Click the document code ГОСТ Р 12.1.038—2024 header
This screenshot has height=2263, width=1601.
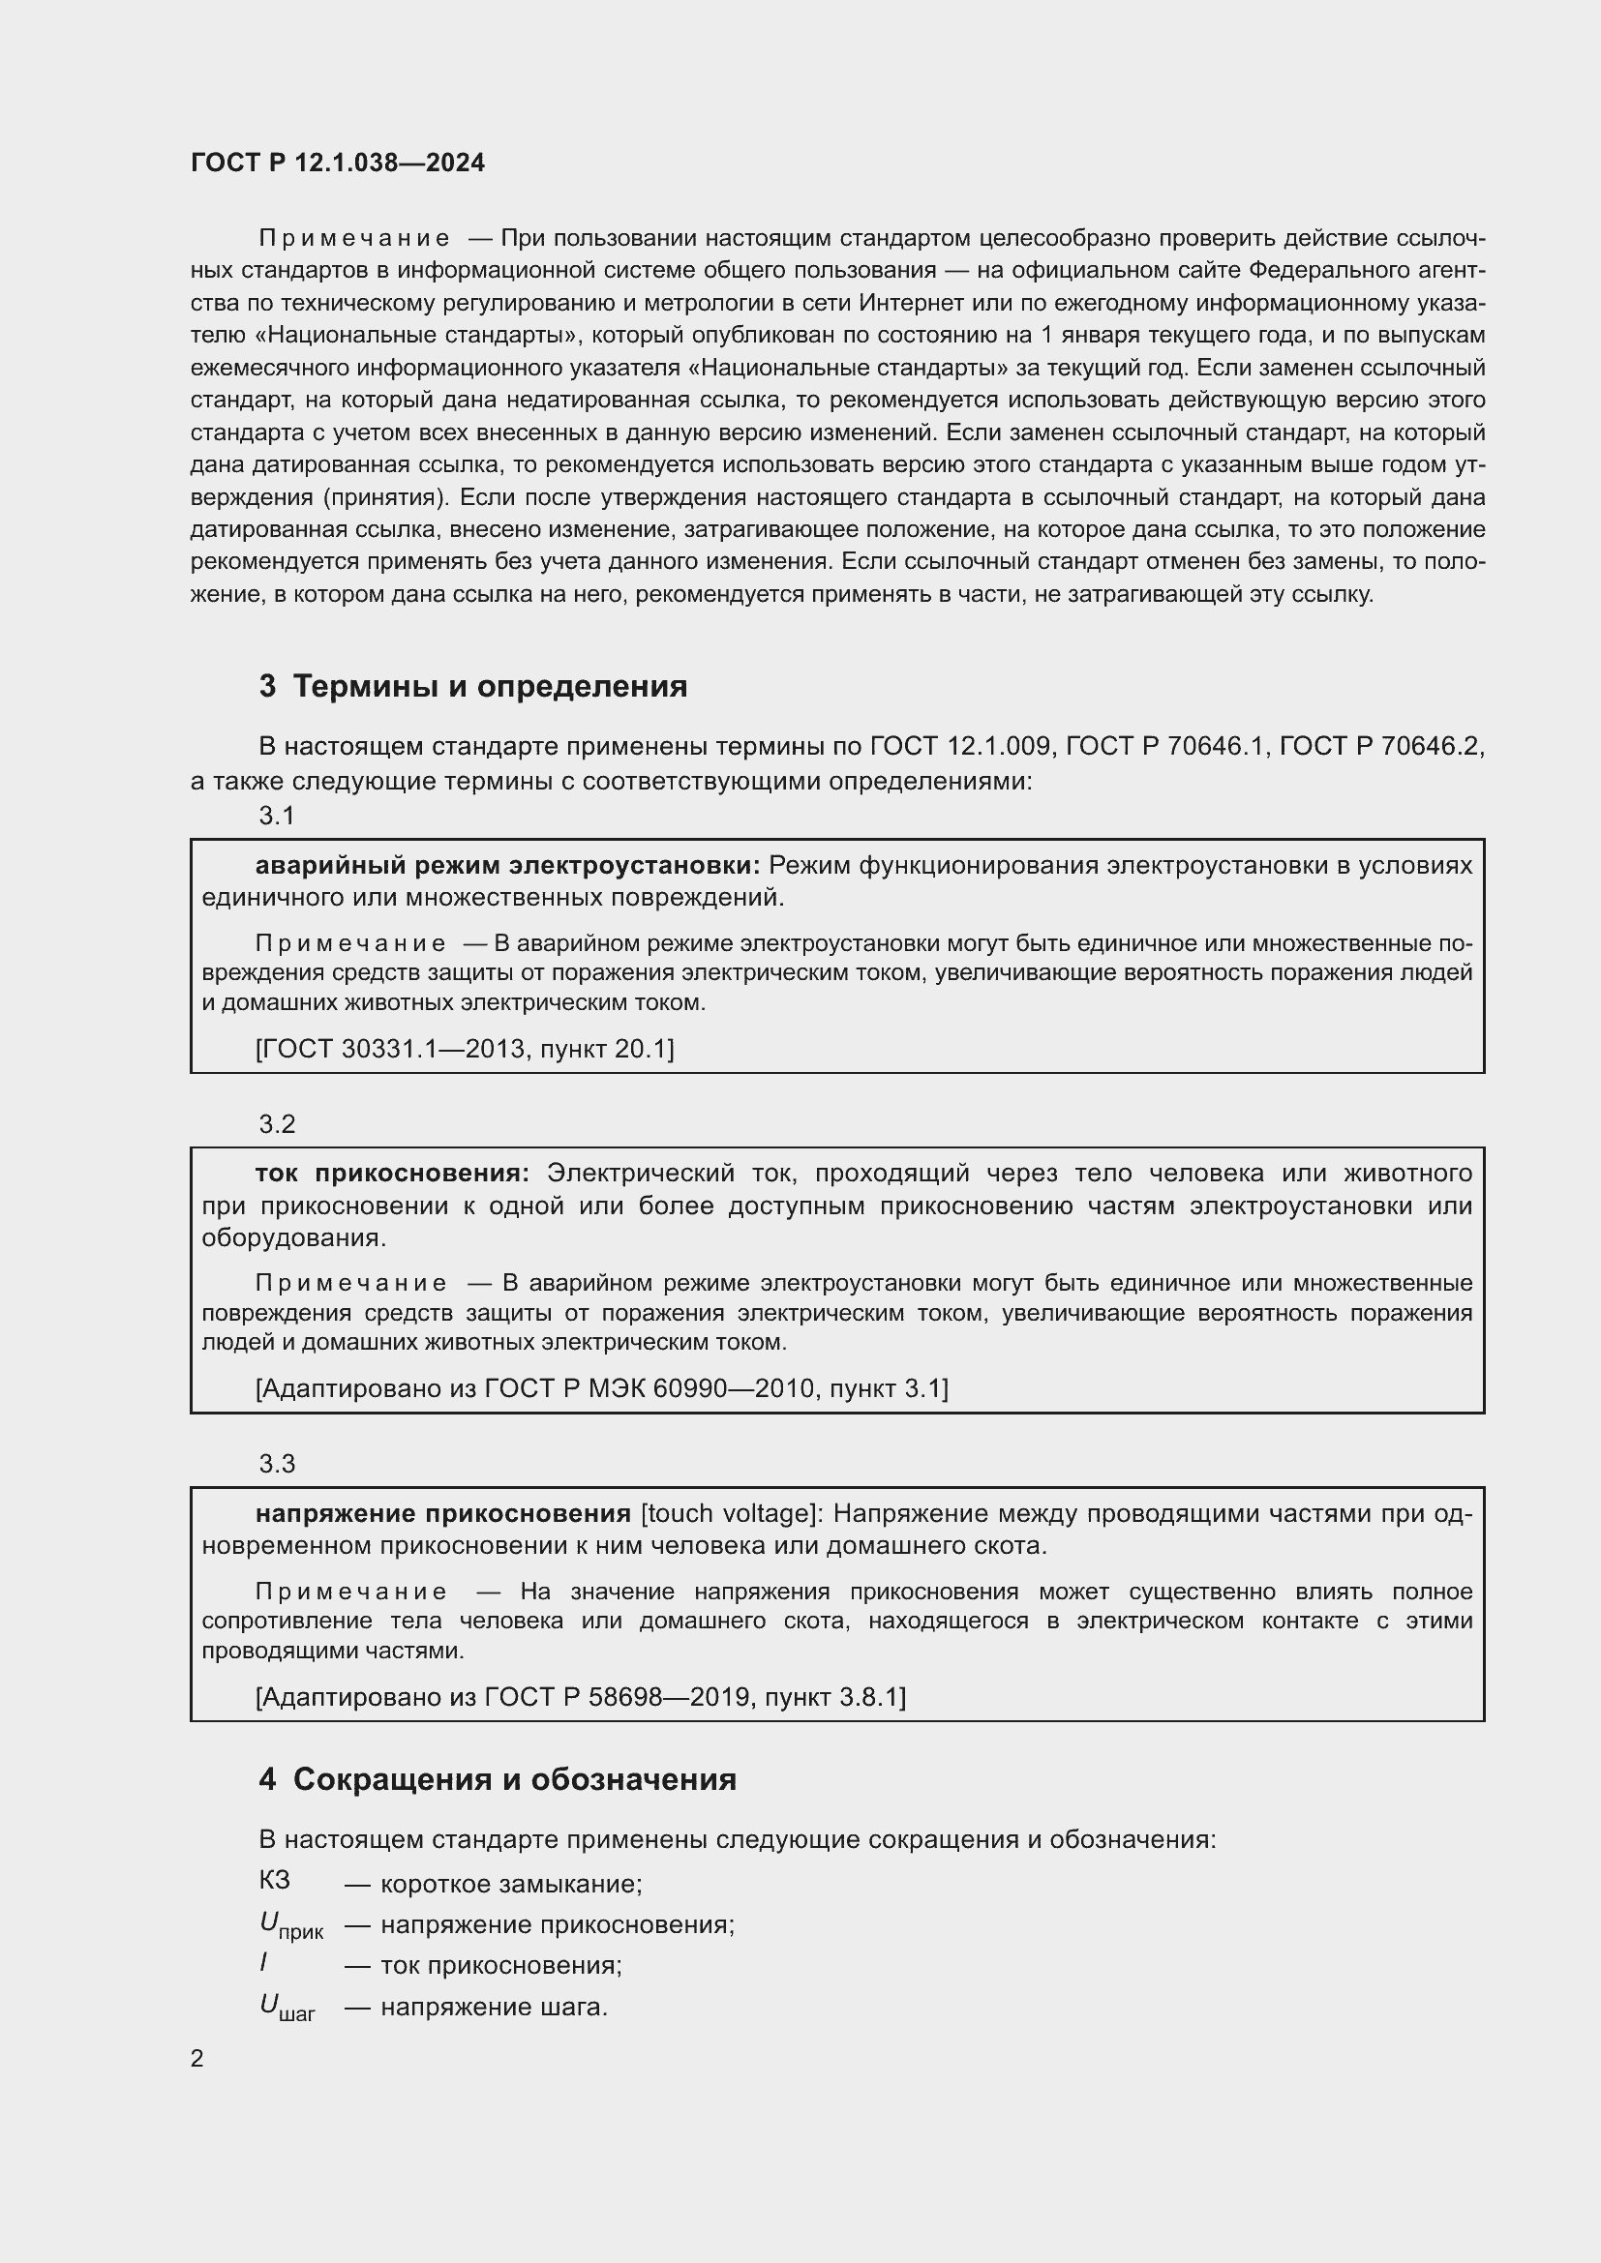[x=337, y=163]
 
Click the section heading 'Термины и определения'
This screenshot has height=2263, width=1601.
[x=490, y=686]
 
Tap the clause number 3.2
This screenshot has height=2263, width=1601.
[x=277, y=1123]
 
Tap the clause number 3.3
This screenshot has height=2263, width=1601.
[x=277, y=1464]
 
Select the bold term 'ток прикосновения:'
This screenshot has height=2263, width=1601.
[x=392, y=1173]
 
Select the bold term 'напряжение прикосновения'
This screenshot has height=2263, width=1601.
[x=442, y=1513]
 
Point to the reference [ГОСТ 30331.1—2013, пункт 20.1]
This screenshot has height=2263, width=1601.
[x=465, y=1049]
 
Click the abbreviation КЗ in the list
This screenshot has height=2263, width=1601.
[x=274, y=1880]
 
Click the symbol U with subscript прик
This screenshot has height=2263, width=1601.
[x=288, y=1924]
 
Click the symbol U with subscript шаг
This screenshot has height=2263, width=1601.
[x=286, y=2006]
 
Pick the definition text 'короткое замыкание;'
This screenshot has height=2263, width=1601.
[x=511, y=1884]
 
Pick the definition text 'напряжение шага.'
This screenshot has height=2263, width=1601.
[x=494, y=2006]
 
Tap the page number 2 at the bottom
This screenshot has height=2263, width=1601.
[x=197, y=2058]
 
